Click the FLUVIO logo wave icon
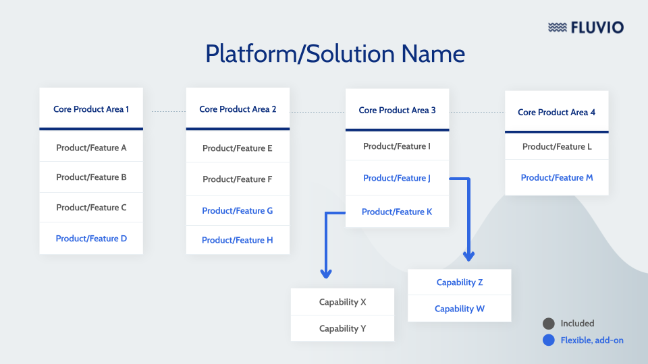(x=558, y=28)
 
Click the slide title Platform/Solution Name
(x=335, y=53)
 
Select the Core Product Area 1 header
(x=91, y=109)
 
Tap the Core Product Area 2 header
(x=238, y=109)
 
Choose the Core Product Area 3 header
(x=397, y=110)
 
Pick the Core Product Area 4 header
(x=556, y=113)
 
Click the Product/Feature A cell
(x=91, y=148)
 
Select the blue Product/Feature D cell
(x=91, y=239)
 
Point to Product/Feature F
(x=238, y=179)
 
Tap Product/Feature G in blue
(x=238, y=211)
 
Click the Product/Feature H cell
(x=238, y=240)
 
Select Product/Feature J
(x=397, y=179)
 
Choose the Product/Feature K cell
(x=397, y=212)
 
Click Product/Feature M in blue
(x=556, y=178)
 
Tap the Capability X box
(x=342, y=302)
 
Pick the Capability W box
(x=459, y=309)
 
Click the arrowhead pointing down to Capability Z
(x=468, y=256)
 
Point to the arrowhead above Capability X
(x=326, y=274)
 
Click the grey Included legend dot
(x=549, y=324)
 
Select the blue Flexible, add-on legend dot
(x=549, y=340)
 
